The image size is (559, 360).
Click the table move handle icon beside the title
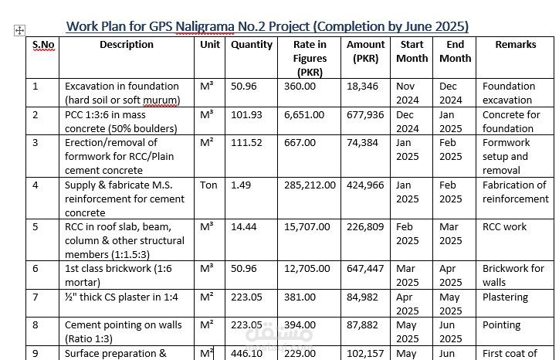tap(19, 31)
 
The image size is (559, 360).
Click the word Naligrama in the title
tap(205, 26)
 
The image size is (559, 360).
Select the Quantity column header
tap(252, 45)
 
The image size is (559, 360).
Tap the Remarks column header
tap(516, 45)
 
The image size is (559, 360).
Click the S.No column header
tap(43, 45)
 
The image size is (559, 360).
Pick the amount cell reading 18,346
tap(362, 87)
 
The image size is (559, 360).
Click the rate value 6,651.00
tap(304, 115)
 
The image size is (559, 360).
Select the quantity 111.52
tap(246, 143)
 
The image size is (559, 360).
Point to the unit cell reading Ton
tap(208, 185)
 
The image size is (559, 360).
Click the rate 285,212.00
tap(310, 185)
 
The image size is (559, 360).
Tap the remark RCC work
tap(504, 227)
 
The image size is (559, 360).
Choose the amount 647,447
tap(365, 269)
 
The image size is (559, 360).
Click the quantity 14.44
tap(243, 227)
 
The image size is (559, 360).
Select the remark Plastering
tap(505, 297)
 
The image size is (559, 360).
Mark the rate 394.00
tap(300, 325)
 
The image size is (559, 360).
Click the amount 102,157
tap(365, 354)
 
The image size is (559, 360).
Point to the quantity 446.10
tap(246, 354)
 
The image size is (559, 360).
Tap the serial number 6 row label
tap(36, 269)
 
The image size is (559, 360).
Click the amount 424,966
tap(365, 185)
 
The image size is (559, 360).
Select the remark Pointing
tap(502, 325)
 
